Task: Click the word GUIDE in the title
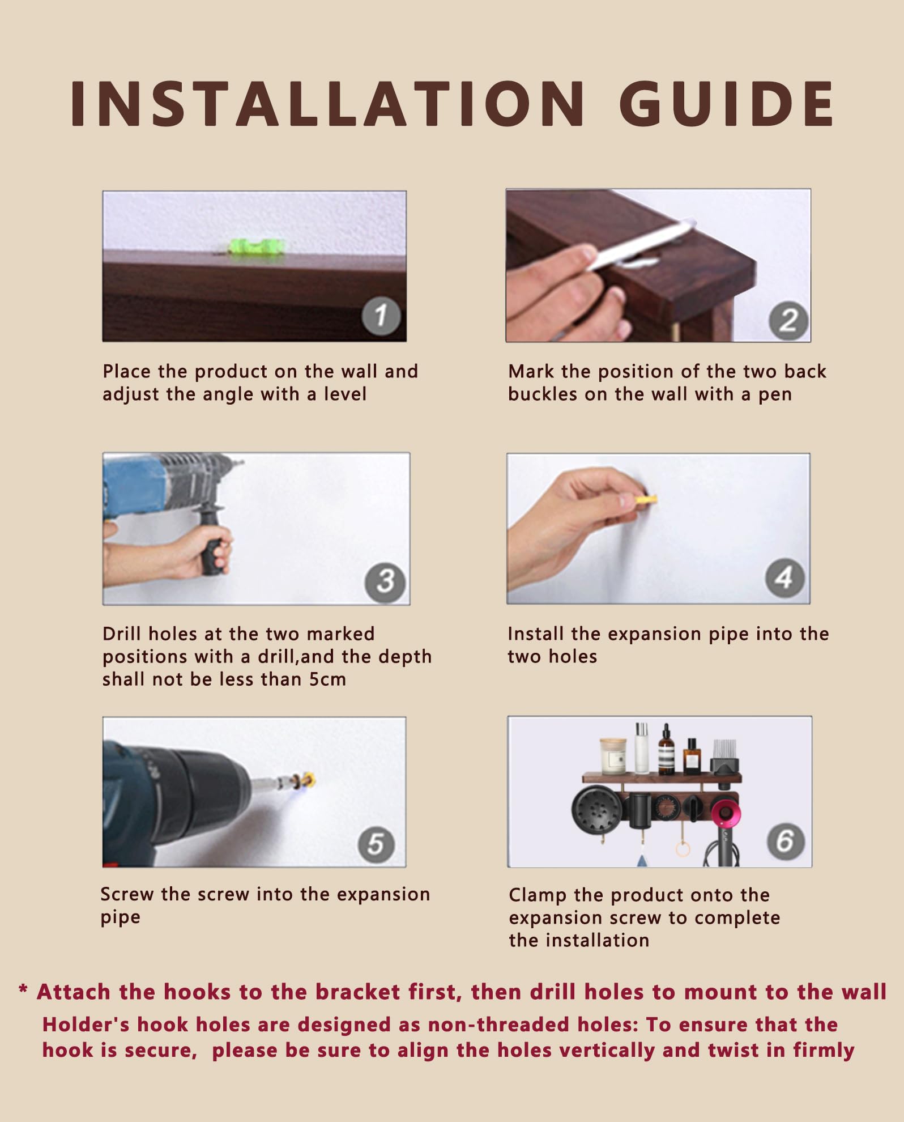point(726,103)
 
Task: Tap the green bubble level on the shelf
point(256,247)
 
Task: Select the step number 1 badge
point(381,316)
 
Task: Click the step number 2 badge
point(788,321)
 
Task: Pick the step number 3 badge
point(385,582)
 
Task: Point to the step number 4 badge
point(784,578)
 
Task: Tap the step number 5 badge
point(377,844)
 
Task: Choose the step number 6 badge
point(786,840)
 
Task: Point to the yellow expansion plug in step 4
point(646,500)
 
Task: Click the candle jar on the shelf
point(613,756)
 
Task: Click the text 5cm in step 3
point(327,679)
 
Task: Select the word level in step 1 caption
point(345,394)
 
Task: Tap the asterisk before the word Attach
point(23,990)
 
